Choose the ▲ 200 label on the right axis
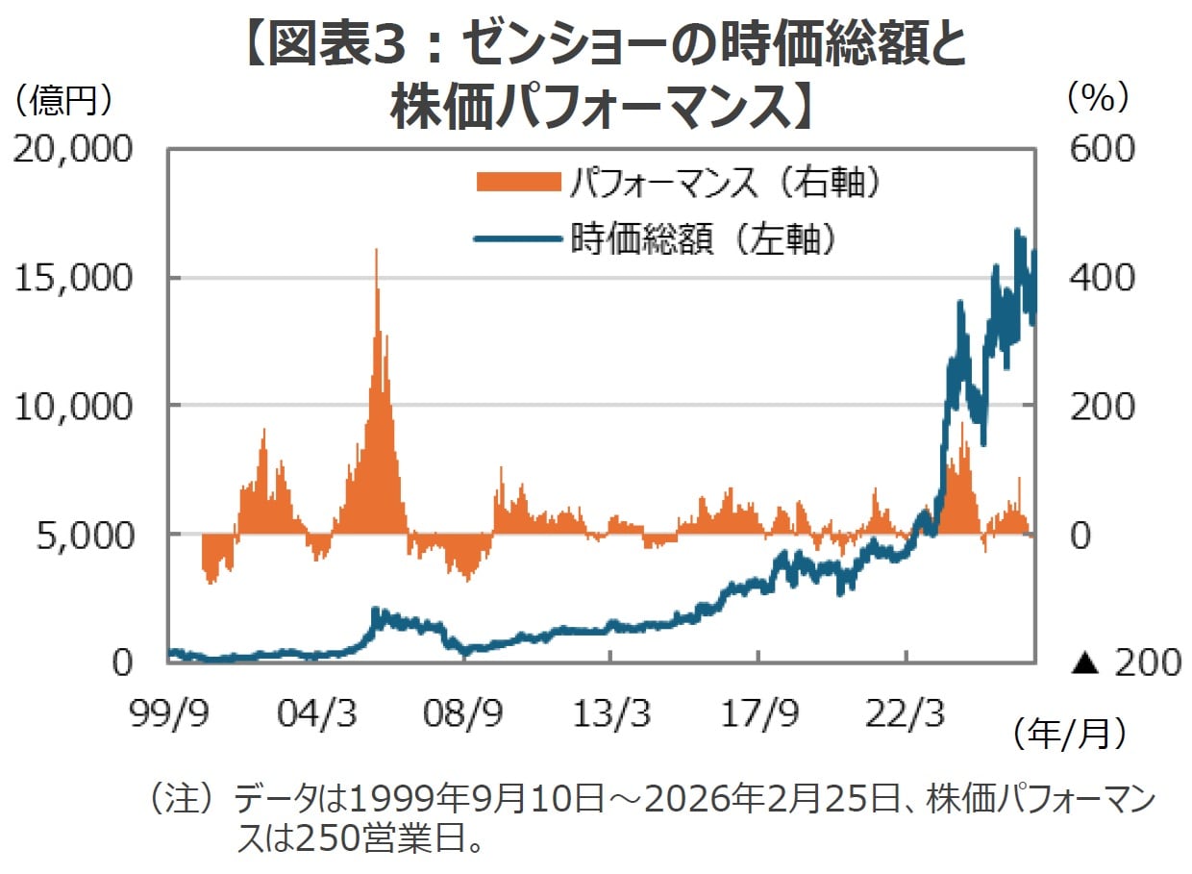pos(1125,662)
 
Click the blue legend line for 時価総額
pos(516,237)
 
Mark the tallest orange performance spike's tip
pos(377,250)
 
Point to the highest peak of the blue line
pos(1017,231)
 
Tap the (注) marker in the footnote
pos(179,798)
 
